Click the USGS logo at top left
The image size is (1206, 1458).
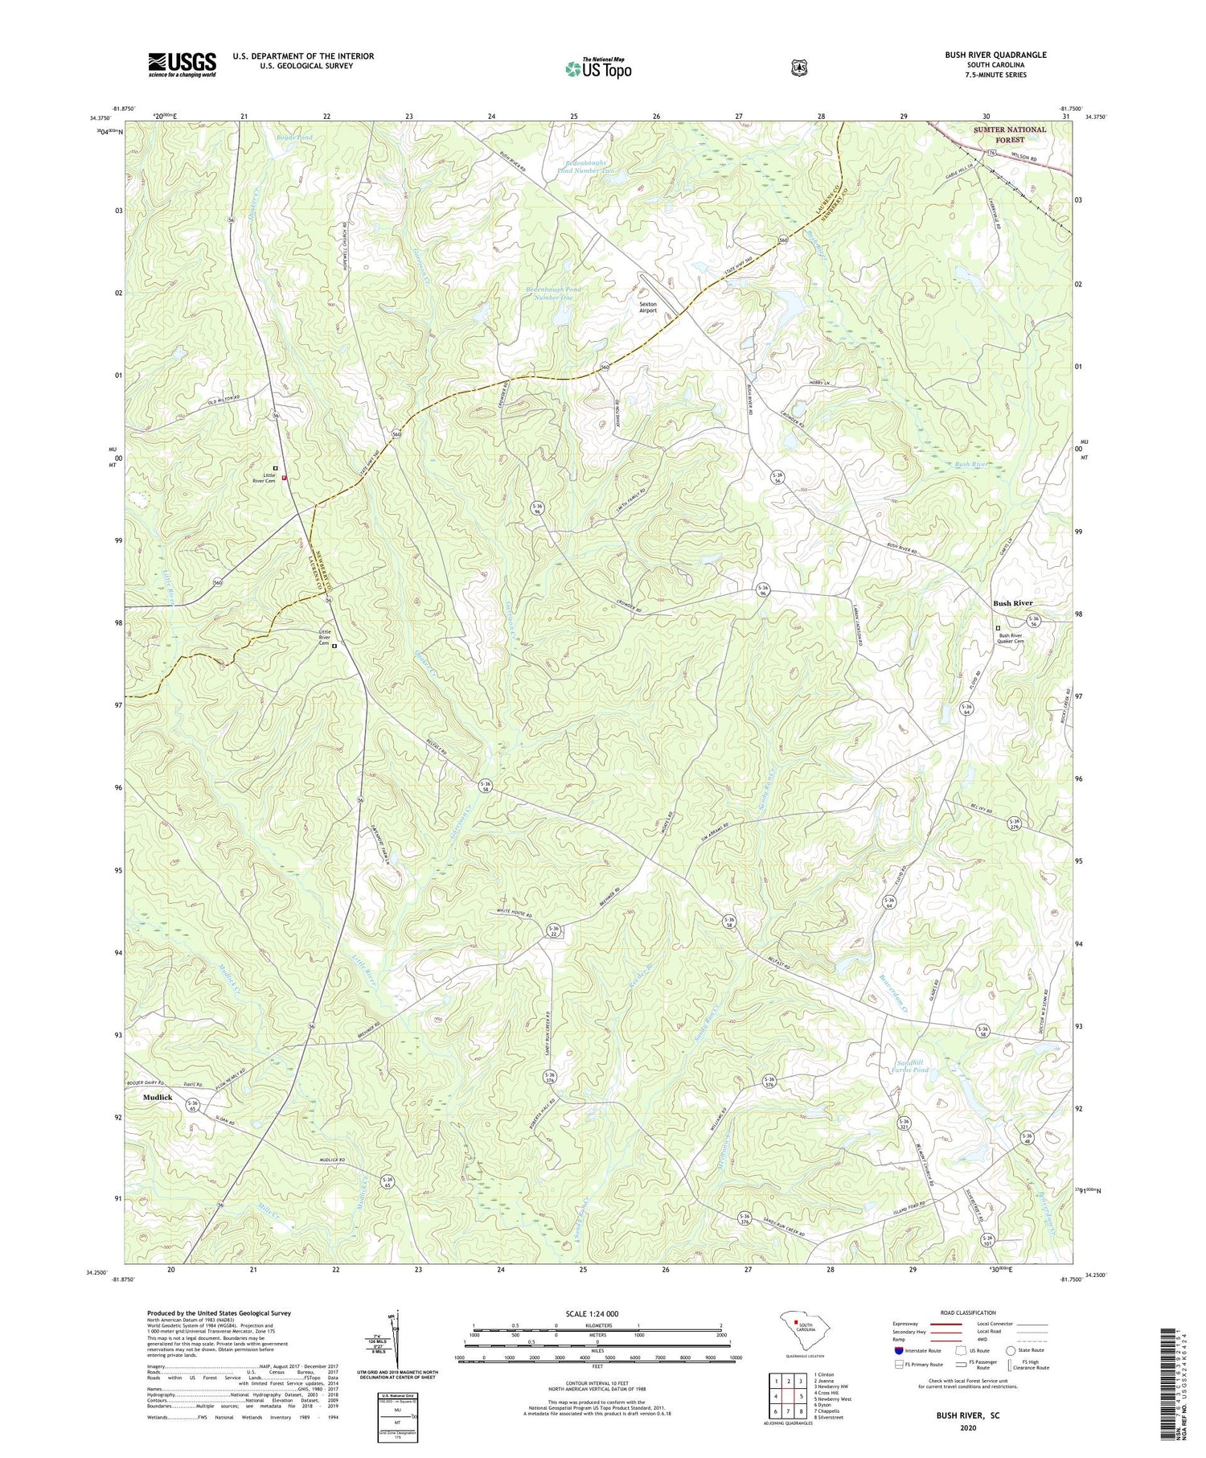182,64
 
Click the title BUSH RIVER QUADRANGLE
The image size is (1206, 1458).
995,55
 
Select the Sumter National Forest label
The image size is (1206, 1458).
1010,134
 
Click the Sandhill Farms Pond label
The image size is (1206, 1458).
910,1066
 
